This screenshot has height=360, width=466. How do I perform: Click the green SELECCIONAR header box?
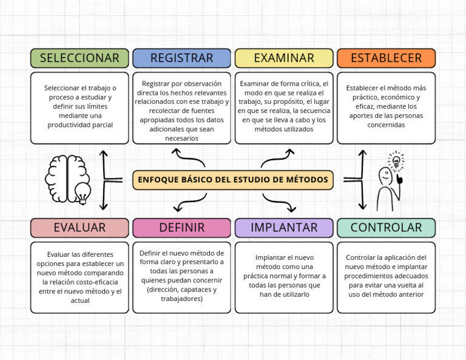pyautogui.click(x=79, y=58)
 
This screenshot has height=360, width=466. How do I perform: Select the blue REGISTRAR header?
pyautogui.click(x=181, y=58)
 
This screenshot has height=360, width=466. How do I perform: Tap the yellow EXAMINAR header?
pyautogui.click(x=284, y=58)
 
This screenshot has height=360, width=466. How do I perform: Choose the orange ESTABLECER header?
pyautogui.click(x=386, y=58)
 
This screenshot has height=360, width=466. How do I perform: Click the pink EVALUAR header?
pyautogui.click(x=79, y=228)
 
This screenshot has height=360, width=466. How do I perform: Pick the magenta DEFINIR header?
pyautogui.click(x=181, y=228)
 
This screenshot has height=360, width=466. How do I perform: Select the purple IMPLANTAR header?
pyautogui.click(x=284, y=228)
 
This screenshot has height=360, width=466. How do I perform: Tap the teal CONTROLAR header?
pyautogui.click(x=386, y=228)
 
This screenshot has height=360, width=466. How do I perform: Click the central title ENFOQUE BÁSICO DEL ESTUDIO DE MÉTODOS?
pyautogui.click(x=233, y=180)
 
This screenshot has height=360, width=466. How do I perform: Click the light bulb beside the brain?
pyautogui.click(x=83, y=193)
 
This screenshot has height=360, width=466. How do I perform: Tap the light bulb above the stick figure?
pyautogui.click(x=396, y=161)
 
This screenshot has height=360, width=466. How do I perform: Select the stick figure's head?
pyautogui.click(x=385, y=176)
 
